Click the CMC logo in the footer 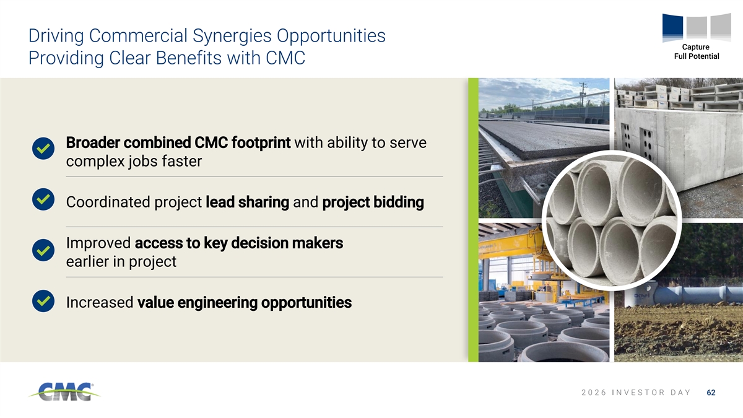tap(64, 392)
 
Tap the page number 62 tap(711, 393)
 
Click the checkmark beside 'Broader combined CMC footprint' tap(43, 148)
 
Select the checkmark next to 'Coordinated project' tap(43, 199)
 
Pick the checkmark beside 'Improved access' tap(43, 250)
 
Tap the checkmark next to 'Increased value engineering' tap(43, 301)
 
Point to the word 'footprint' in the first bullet tap(261, 143)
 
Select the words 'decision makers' tap(287, 243)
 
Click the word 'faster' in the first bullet tap(182, 161)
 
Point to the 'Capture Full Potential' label tap(696, 51)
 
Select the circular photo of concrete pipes tap(611, 220)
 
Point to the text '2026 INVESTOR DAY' tap(636, 393)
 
